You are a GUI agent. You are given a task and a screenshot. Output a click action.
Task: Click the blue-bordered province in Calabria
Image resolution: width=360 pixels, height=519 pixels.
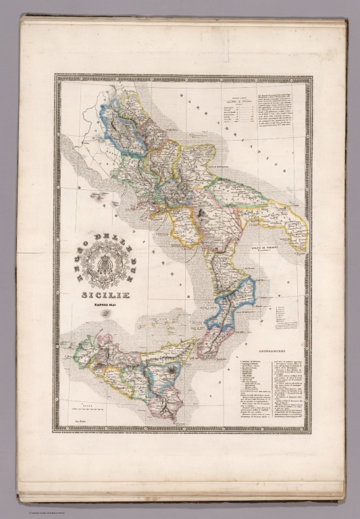pyautogui.click(x=233, y=301)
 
